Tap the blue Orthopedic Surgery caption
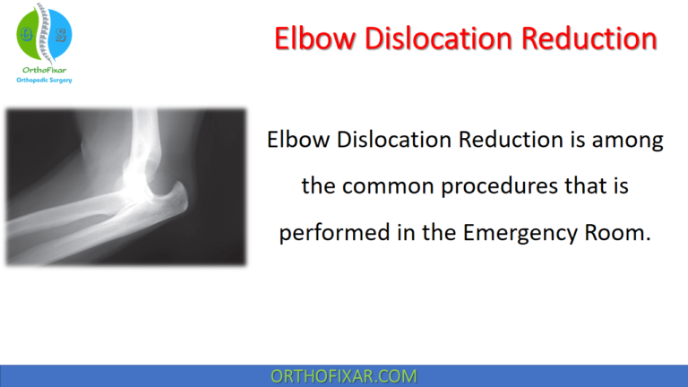[44, 80]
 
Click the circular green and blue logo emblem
[44, 33]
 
